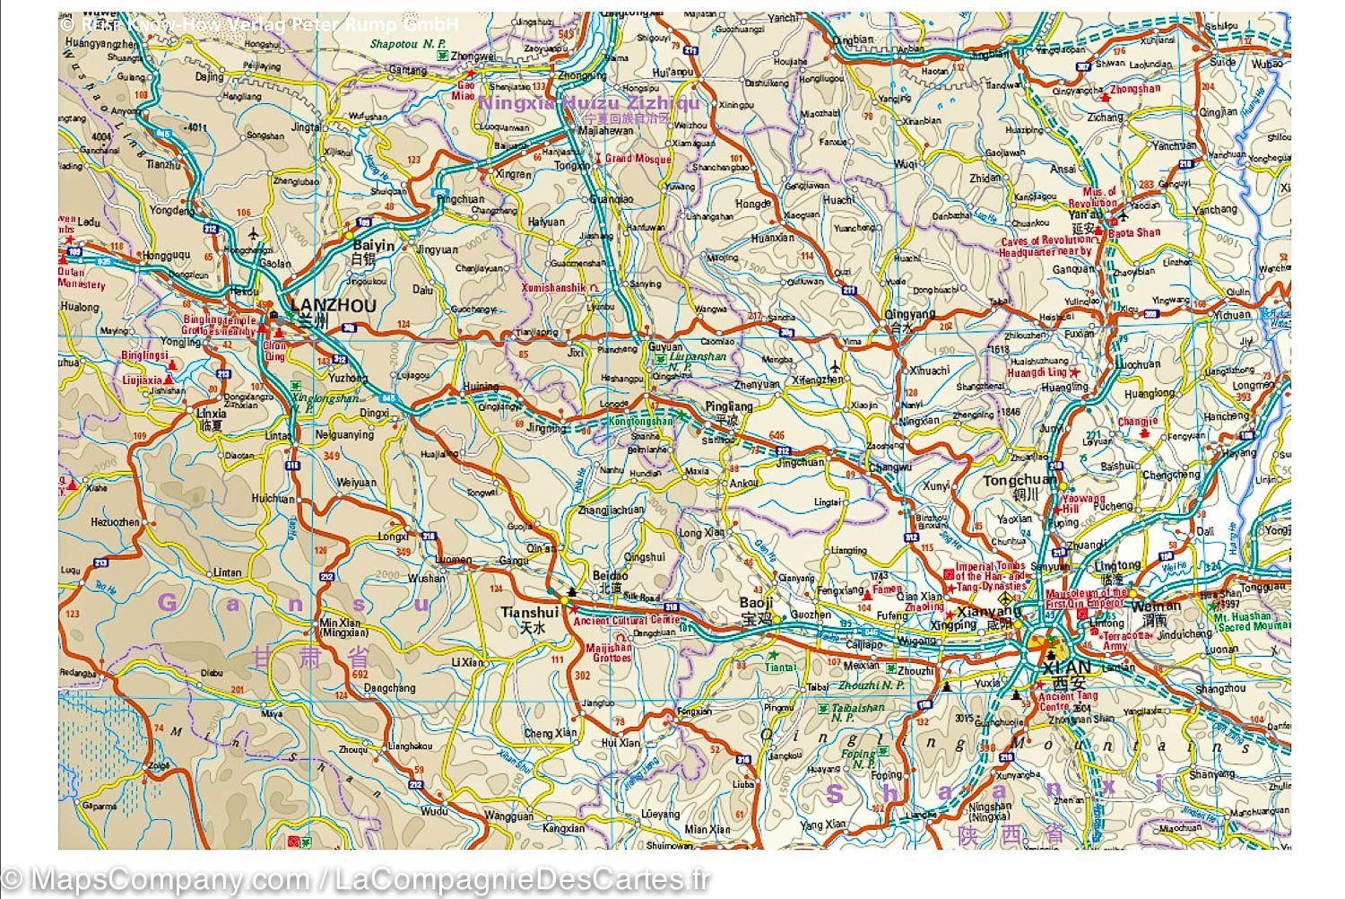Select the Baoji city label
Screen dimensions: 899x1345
tap(756, 603)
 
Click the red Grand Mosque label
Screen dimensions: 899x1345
tap(638, 159)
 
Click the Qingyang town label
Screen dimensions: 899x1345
tap(909, 314)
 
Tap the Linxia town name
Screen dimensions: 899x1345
tap(212, 415)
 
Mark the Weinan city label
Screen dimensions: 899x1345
tap(1150, 607)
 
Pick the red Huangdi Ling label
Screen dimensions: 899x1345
tap(1037, 371)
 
